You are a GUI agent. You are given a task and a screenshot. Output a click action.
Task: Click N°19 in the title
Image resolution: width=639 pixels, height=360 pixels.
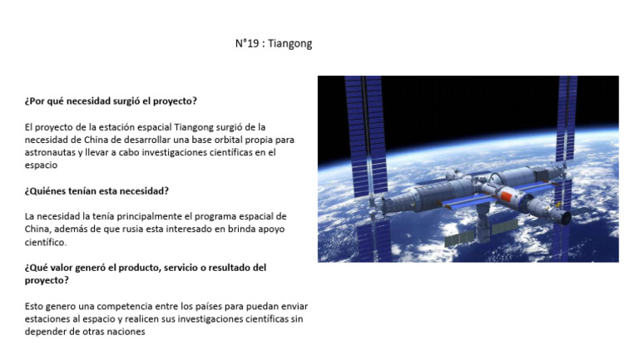point(248,43)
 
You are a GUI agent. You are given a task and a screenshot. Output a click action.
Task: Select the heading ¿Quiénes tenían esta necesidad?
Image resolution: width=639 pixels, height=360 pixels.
point(97,190)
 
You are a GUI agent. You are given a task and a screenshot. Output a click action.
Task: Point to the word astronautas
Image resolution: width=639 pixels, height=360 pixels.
point(52,152)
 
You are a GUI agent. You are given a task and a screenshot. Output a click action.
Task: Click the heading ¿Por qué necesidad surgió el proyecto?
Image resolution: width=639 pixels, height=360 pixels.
point(111,101)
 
